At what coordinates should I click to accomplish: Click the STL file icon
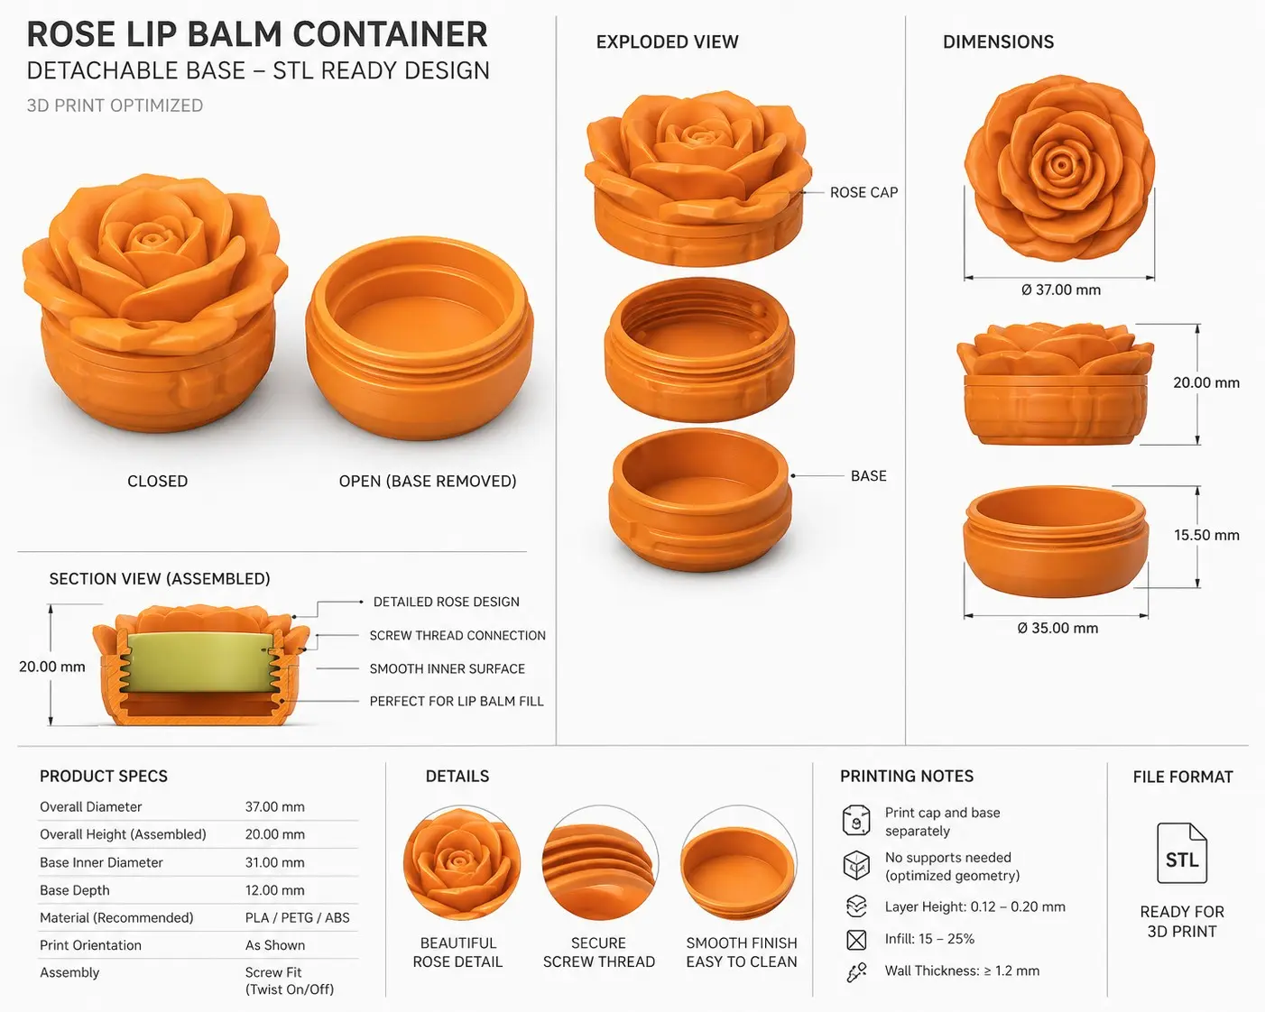[1181, 852]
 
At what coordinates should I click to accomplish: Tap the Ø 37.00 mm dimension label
[1061, 290]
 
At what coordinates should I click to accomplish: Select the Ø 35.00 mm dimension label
[1057, 629]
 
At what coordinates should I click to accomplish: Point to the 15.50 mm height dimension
[1206, 536]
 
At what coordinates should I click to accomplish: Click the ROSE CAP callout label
[863, 193]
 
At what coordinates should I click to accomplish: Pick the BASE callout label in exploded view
[868, 476]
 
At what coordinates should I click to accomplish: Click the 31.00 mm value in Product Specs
[274, 862]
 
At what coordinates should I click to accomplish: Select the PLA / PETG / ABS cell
[297, 917]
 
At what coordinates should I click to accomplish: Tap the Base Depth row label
[75, 890]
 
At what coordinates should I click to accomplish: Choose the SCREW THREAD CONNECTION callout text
[457, 635]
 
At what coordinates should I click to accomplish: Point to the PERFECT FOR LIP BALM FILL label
[457, 701]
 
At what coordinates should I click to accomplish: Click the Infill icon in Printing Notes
[856, 940]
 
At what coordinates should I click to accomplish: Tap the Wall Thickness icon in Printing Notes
[856, 972]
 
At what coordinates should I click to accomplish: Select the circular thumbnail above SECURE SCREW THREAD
[600, 863]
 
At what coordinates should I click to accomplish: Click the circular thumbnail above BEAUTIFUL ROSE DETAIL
[461, 863]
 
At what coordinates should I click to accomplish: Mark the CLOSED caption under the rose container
[158, 482]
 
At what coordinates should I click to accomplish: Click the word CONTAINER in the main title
[391, 34]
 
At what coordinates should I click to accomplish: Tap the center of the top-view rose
[1060, 164]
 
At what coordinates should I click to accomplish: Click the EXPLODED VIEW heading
[667, 41]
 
